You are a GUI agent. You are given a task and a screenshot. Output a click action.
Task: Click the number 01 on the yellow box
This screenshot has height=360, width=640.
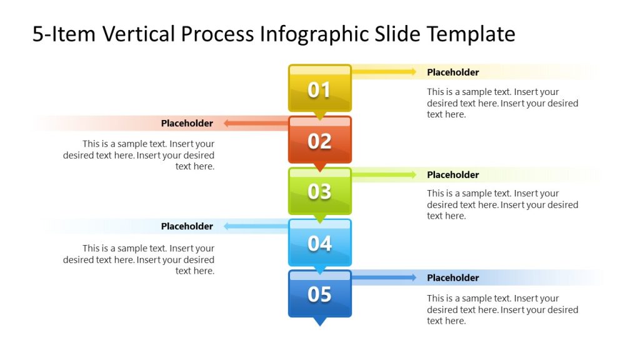319,90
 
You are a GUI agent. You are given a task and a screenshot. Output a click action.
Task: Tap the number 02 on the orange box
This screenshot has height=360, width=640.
319,141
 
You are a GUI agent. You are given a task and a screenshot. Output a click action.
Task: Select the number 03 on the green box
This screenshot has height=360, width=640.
319,191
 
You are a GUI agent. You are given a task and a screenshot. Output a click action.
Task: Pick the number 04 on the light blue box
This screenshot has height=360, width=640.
319,242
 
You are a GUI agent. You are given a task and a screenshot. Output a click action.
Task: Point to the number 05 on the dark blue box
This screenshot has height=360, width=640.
319,294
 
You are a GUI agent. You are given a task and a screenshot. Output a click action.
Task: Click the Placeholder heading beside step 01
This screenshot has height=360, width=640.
452,72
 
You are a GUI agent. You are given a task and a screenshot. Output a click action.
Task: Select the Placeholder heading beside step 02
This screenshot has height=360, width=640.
187,124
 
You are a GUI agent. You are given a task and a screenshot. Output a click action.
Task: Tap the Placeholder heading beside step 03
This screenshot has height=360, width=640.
452,175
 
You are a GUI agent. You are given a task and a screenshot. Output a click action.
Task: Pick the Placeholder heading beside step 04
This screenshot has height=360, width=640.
187,226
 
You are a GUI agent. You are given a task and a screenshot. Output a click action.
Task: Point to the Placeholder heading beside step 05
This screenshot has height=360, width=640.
452,278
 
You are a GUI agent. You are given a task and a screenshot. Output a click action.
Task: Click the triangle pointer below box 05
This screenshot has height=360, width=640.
319,321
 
